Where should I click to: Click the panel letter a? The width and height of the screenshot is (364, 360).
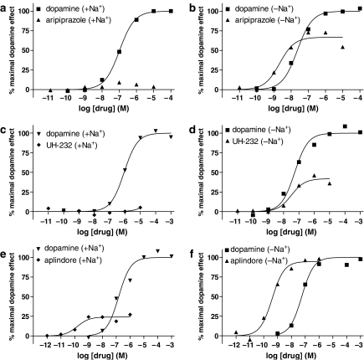point(5,8)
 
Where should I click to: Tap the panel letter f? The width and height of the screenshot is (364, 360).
point(193,249)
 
